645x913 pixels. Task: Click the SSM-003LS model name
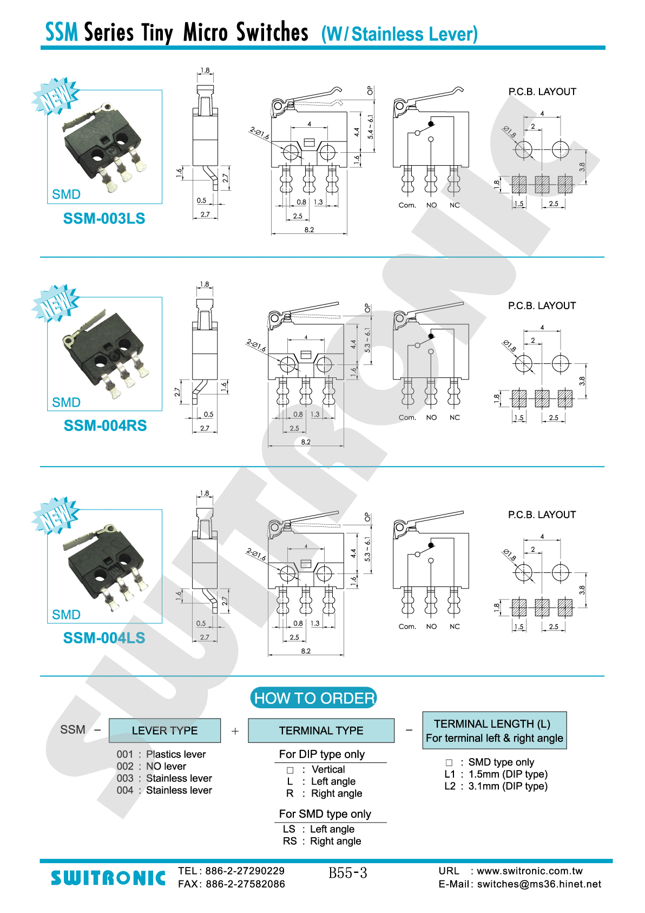pyautogui.click(x=104, y=218)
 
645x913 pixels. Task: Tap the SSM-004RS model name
pyautogui.click(x=105, y=426)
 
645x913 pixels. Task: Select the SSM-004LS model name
pyautogui.click(x=104, y=638)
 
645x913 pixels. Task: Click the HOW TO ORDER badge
pyautogui.click(x=313, y=698)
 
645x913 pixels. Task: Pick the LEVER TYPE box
pyautogui.click(x=164, y=731)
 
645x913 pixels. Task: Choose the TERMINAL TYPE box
pyautogui.click(x=321, y=731)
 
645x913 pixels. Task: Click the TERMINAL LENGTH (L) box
pyautogui.click(x=495, y=731)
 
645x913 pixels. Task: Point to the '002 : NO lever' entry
pyautogui.click(x=151, y=766)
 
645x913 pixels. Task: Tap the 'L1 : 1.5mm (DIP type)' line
pyautogui.click(x=496, y=774)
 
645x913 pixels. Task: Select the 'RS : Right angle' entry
pyautogui.click(x=322, y=841)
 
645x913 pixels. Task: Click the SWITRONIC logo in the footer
pyautogui.click(x=108, y=878)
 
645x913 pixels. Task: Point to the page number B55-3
pyautogui.click(x=348, y=873)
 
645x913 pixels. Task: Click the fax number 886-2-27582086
pyautogui.click(x=245, y=884)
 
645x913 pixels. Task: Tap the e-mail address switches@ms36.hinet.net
pyautogui.click(x=539, y=884)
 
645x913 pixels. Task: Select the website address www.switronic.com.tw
pyautogui.click(x=530, y=871)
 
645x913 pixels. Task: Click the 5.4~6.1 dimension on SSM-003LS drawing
pyautogui.click(x=370, y=127)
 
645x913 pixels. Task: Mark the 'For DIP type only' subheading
pyautogui.click(x=321, y=754)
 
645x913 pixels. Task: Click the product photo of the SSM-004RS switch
pyautogui.click(x=104, y=354)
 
